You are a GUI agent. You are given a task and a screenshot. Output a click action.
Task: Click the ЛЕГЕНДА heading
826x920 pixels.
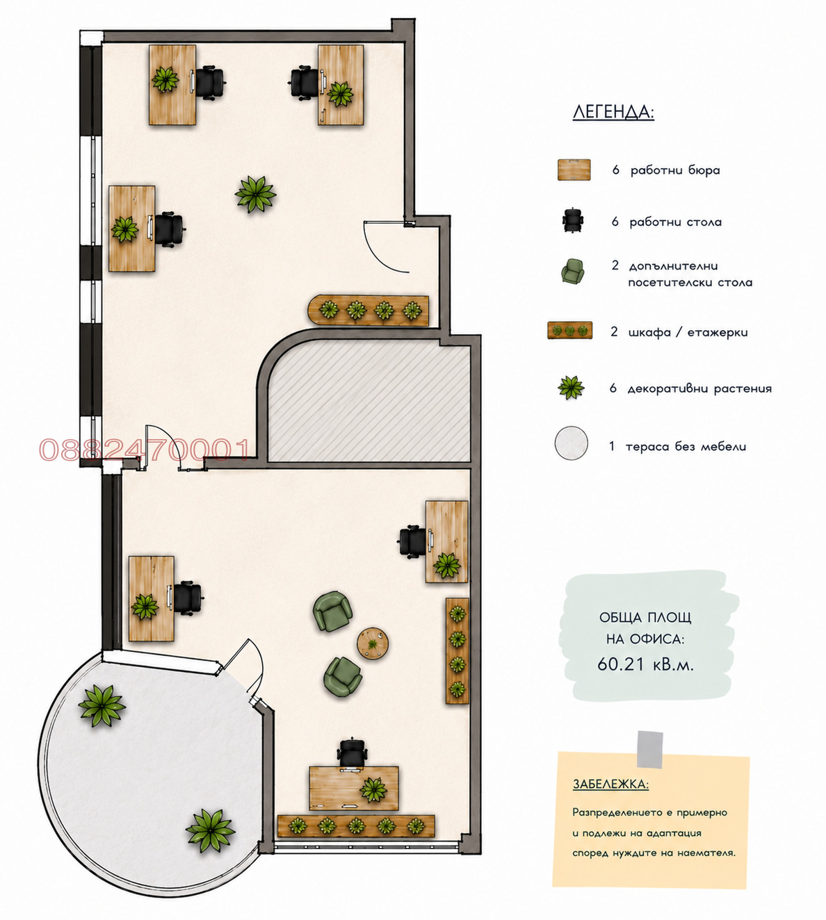[613, 112]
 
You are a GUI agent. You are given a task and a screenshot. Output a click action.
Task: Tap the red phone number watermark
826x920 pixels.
[145, 450]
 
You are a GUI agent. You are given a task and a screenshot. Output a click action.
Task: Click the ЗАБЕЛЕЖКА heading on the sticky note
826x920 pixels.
[610, 785]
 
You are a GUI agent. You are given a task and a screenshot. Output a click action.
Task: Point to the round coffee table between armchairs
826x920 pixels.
[373, 643]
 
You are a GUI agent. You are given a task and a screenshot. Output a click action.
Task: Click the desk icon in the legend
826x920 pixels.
[574, 170]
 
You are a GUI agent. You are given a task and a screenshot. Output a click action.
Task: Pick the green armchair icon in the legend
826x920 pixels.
[572, 272]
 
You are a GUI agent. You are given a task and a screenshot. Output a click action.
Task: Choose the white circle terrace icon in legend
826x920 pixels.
[571, 443]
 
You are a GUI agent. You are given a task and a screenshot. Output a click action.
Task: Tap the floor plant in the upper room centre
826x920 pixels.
[255, 194]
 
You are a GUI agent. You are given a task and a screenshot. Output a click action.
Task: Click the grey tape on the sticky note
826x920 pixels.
[649, 749]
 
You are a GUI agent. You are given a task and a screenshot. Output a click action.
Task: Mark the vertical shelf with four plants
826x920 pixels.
[457, 650]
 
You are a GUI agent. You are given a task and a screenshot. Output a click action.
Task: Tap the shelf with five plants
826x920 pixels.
[356, 826]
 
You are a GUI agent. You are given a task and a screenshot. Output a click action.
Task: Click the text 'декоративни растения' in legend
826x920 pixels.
[699, 388]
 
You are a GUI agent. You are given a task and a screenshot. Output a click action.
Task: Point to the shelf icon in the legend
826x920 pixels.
[569, 331]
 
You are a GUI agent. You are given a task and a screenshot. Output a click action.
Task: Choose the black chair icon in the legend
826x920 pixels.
[573, 221]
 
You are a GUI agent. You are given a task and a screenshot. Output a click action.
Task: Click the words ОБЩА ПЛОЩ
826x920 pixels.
[645, 618]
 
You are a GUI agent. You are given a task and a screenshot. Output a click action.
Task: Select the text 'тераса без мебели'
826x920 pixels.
[686, 447]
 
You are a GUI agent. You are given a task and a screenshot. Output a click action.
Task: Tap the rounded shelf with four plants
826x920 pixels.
[369, 311]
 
